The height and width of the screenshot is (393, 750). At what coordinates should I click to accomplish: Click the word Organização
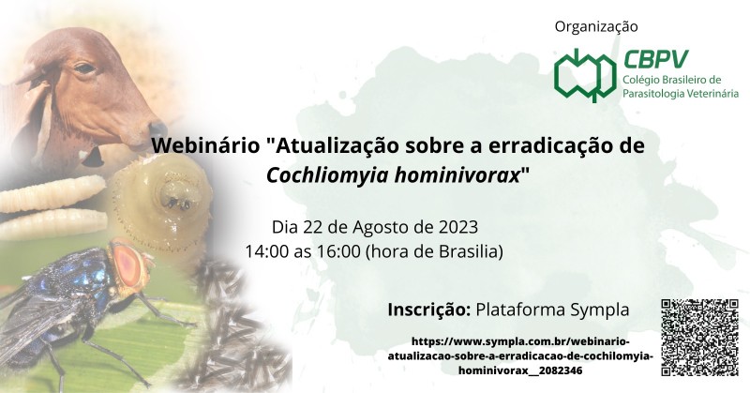(x=596, y=27)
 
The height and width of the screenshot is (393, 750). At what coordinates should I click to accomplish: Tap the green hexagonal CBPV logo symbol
(x=584, y=75)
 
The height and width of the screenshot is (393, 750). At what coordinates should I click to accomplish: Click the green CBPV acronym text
(x=655, y=59)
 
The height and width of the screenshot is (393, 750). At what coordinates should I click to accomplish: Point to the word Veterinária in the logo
(x=712, y=94)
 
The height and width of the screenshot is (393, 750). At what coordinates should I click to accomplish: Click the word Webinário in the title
(x=205, y=145)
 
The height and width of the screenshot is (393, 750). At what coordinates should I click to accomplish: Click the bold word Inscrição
(x=428, y=310)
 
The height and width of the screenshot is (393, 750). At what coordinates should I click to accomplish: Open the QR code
(x=699, y=338)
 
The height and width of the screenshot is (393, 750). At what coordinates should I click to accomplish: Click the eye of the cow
(x=85, y=68)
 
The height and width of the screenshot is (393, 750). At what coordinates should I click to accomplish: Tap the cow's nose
(x=157, y=130)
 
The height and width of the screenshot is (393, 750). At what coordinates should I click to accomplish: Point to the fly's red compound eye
(x=127, y=265)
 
